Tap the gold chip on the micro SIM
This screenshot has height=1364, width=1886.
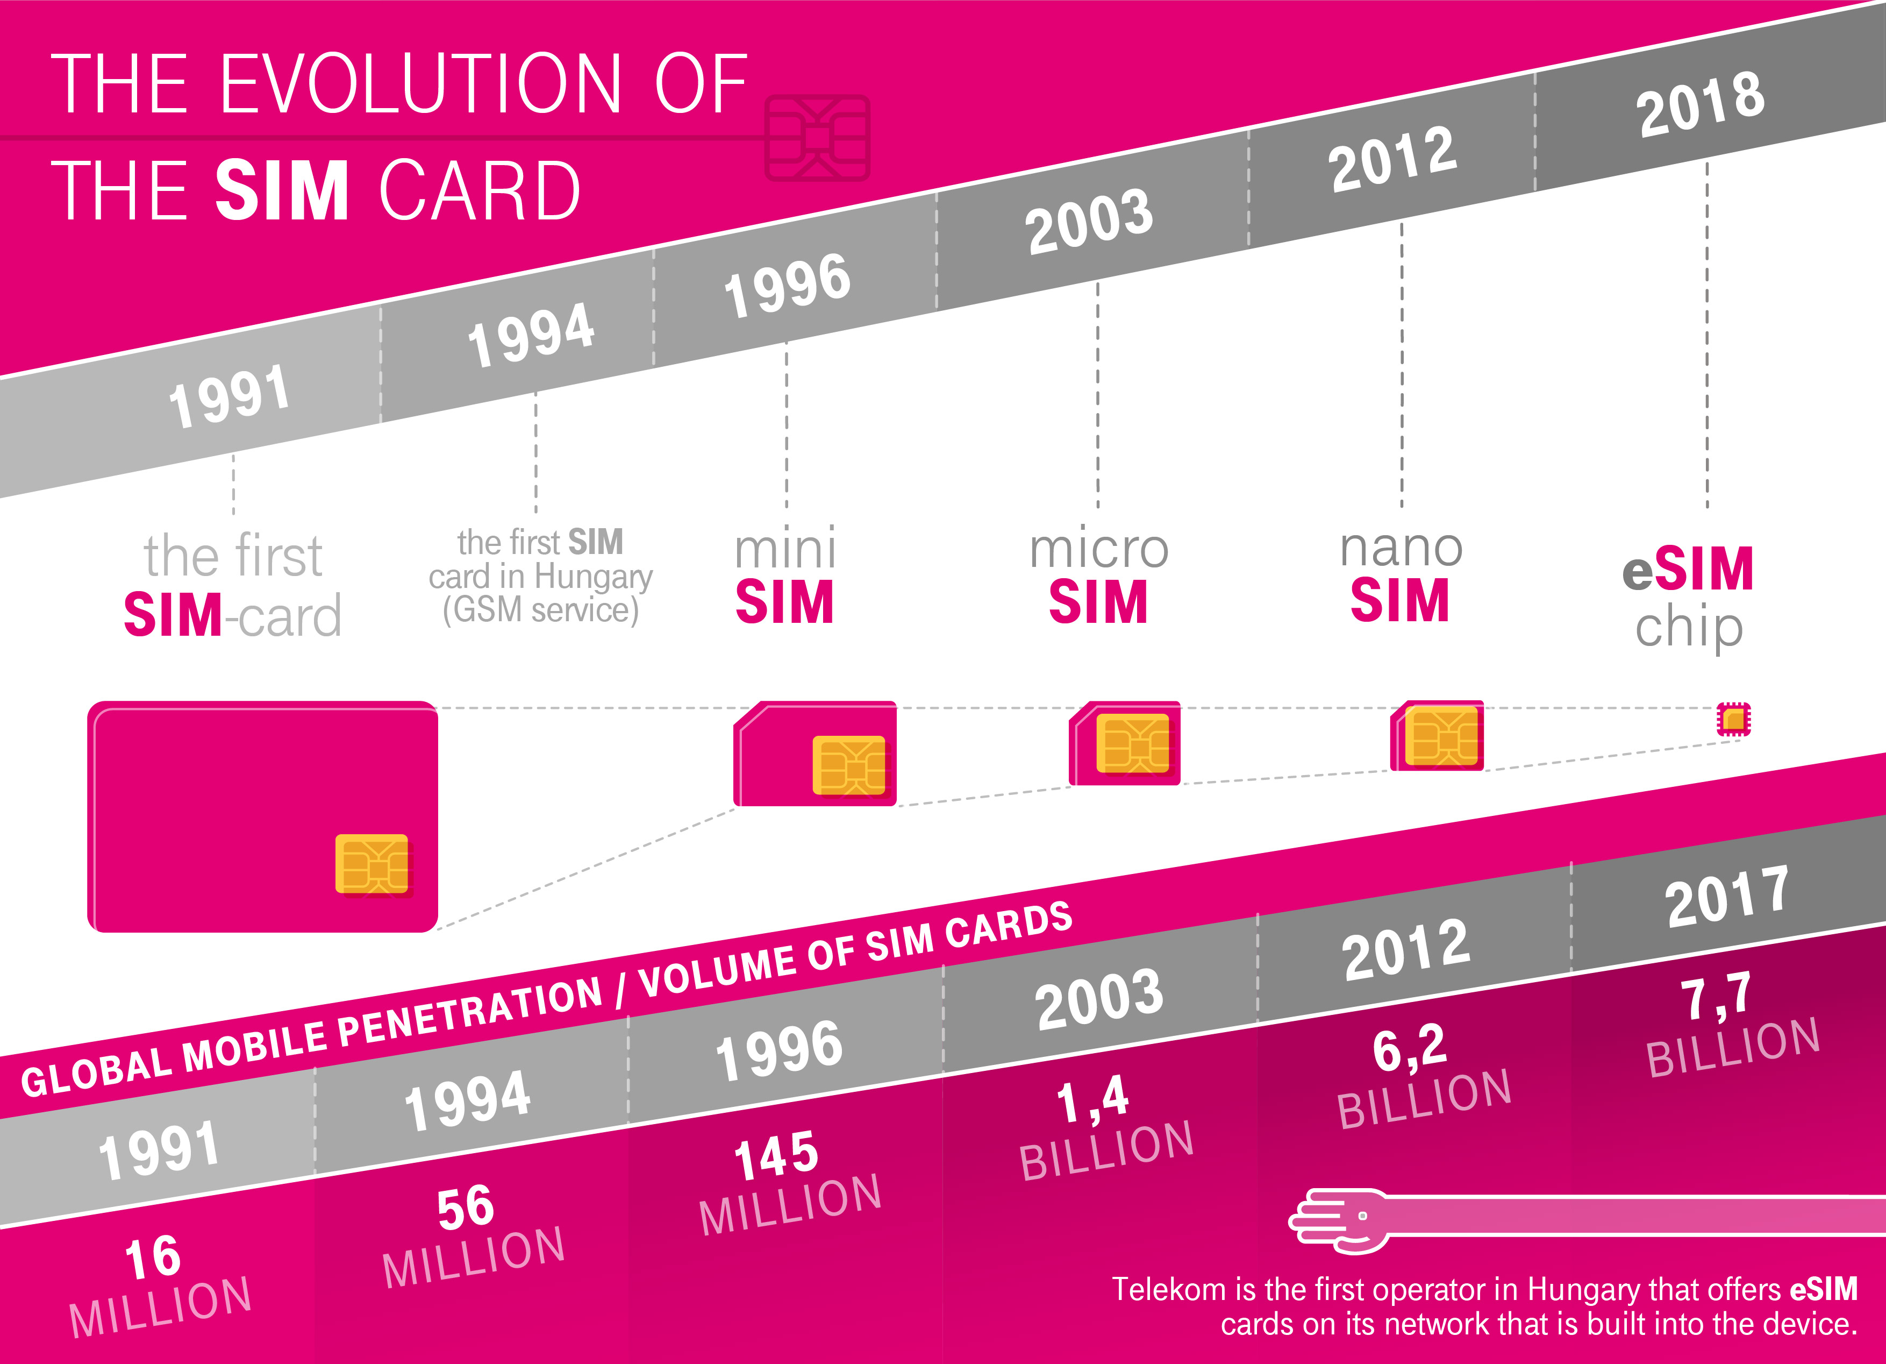1132,743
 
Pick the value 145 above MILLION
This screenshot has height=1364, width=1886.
776,1155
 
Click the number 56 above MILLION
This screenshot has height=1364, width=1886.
466,1207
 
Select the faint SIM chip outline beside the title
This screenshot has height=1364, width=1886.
817,138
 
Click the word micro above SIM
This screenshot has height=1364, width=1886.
1098,549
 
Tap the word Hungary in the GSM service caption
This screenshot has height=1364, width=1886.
594,577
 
